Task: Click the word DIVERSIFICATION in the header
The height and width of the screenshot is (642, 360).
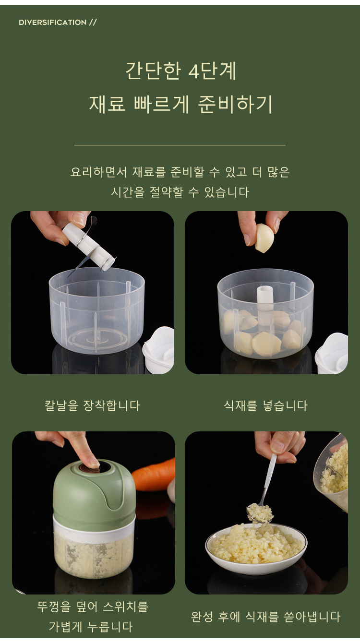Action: point(52,23)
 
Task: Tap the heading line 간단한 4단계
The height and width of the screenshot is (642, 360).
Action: point(181,71)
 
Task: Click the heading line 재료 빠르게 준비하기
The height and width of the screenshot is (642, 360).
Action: point(180,104)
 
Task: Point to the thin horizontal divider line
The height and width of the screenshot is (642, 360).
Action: point(180,145)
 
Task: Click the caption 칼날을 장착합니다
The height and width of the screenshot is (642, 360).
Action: point(92,405)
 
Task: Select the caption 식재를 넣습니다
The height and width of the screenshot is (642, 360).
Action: point(266,405)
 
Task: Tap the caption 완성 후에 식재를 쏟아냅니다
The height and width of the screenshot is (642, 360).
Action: point(266,617)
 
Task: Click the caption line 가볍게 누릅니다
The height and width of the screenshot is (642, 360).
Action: point(91,627)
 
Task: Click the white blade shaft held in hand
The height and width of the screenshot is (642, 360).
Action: point(89,247)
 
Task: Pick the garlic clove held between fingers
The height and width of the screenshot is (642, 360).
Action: point(264,238)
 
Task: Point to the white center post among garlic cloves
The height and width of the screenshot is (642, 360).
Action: point(265,304)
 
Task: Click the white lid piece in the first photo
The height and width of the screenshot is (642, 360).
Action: point(158,350)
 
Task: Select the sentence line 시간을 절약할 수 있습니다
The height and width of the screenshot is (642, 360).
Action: point(180,192)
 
